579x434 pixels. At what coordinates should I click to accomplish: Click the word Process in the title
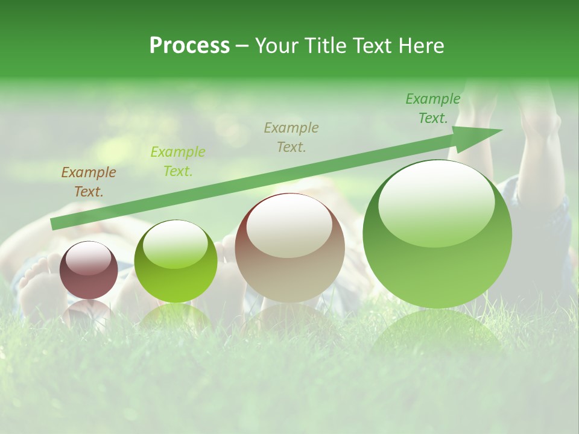click(189, 46)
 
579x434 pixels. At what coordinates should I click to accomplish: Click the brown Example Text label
click(89, 182)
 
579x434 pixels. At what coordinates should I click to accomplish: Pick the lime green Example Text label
click(178, 162)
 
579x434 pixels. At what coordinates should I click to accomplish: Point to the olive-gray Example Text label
click(291, 137)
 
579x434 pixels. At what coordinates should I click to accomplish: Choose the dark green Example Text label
click(433, 108)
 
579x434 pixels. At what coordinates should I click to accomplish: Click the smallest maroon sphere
click(89, 271)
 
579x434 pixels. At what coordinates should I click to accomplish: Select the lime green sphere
click(176, 262)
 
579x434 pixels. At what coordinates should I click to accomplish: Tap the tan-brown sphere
click(289, 248)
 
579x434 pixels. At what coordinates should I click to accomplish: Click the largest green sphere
click(437, 234)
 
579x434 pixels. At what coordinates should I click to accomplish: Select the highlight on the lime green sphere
click(175, 244)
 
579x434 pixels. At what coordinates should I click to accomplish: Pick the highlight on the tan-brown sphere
click(289, 225)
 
